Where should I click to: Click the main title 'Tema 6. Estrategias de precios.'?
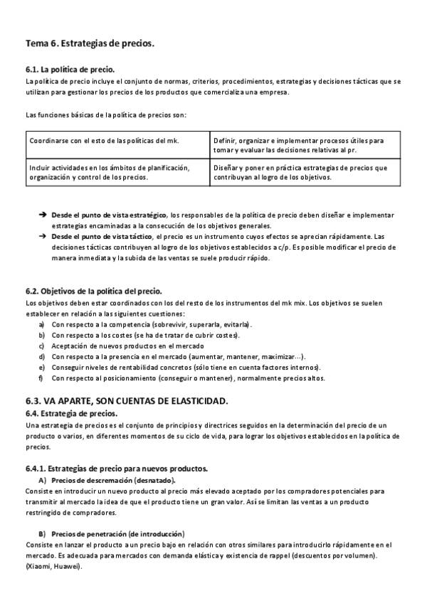pyautogui.click(x=90, y=44)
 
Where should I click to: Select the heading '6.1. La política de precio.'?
pyautogui.click(x=69, y=70)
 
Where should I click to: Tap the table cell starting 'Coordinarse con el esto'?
pyautogui.click(x=104, y=141)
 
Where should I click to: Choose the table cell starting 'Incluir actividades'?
pyautogui.click(x=109, y=173)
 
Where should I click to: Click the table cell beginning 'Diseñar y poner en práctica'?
pyautogui.click(x=300, y=173)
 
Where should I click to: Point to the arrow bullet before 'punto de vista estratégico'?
pyautogui.click(x=43, y=214)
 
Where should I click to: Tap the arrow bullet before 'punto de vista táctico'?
pyautogui.click(x=43, y=235)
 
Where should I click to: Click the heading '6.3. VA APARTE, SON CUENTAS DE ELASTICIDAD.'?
pyautogui.click(x=127, y=401)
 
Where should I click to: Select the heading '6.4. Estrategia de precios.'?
pyautogui.click(x=71, y=414)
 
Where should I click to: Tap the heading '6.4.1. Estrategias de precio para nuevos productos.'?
pyautogui.click(x=116, y=469)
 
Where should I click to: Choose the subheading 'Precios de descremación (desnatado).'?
pyautogui.click(x=114, y=481)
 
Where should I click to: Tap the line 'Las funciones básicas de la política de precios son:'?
pyautogui.click(x=105, y=114)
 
